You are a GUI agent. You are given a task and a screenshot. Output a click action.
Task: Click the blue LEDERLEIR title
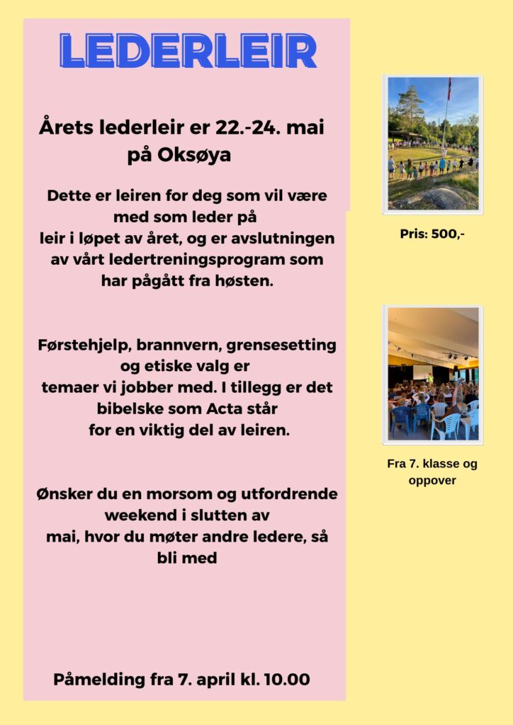click(188, 51)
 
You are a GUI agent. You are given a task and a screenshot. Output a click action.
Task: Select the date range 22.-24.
click(243, 128)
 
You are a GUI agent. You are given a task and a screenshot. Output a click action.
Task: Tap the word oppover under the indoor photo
click(432, 480)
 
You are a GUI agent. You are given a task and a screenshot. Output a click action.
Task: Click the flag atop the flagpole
click(449, 88)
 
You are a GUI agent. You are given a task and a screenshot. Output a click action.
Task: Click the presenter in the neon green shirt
click(429, 378)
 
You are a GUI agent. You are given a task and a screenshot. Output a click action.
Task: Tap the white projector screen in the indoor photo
click(423, 372)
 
